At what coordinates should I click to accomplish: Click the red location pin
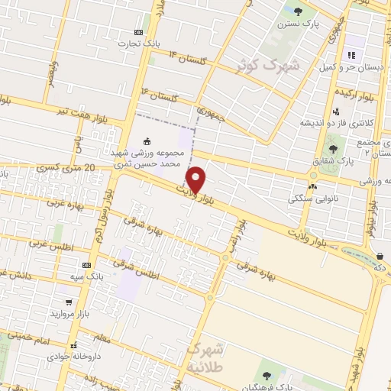point(196,179)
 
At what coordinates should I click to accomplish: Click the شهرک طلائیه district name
point(207,357)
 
